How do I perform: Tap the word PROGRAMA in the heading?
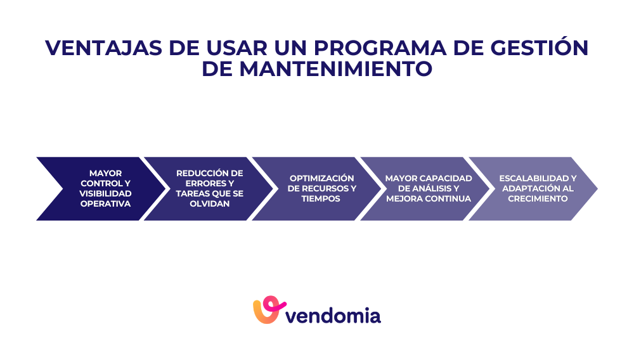382,48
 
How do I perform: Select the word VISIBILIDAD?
105,193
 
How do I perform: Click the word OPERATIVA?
105,203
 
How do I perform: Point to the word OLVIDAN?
209,203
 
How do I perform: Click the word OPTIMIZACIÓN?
321,178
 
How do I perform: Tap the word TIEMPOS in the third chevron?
321,198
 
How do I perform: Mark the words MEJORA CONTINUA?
429,198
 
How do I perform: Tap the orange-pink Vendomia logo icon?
266,310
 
